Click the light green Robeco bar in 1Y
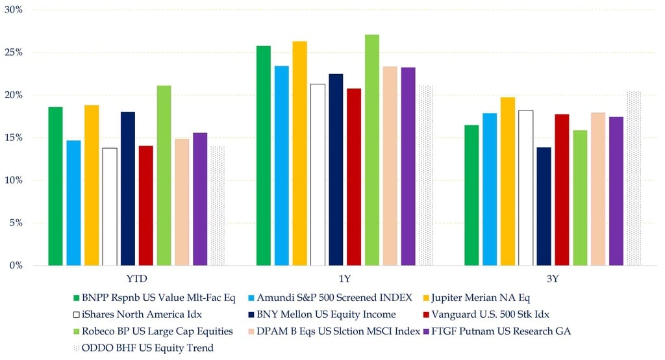(x=372, y=150)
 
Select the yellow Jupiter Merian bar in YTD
(x=92, y=185)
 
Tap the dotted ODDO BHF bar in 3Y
(x=634, y=178)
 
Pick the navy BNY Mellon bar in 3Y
(x=544, y=207)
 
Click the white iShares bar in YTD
(x=110, y=207)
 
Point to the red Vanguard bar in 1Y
(x=354, y=177)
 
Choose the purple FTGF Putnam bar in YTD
(x=200, y=199)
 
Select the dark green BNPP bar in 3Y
(x=471, y=196)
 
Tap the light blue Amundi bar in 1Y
(x=282, y=166)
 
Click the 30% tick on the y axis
(x=14, y=10)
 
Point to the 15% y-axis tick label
(x=14, y=138)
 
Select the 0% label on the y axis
(x=16, y=265)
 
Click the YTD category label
(x=136, y=279)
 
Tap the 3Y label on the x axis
(x=553, y=279)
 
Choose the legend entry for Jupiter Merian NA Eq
(x=477, y=298)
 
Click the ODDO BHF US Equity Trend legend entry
(x=144, y=348)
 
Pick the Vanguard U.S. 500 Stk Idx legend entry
(x=486, y=315)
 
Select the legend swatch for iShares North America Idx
(x=77, y=315)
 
